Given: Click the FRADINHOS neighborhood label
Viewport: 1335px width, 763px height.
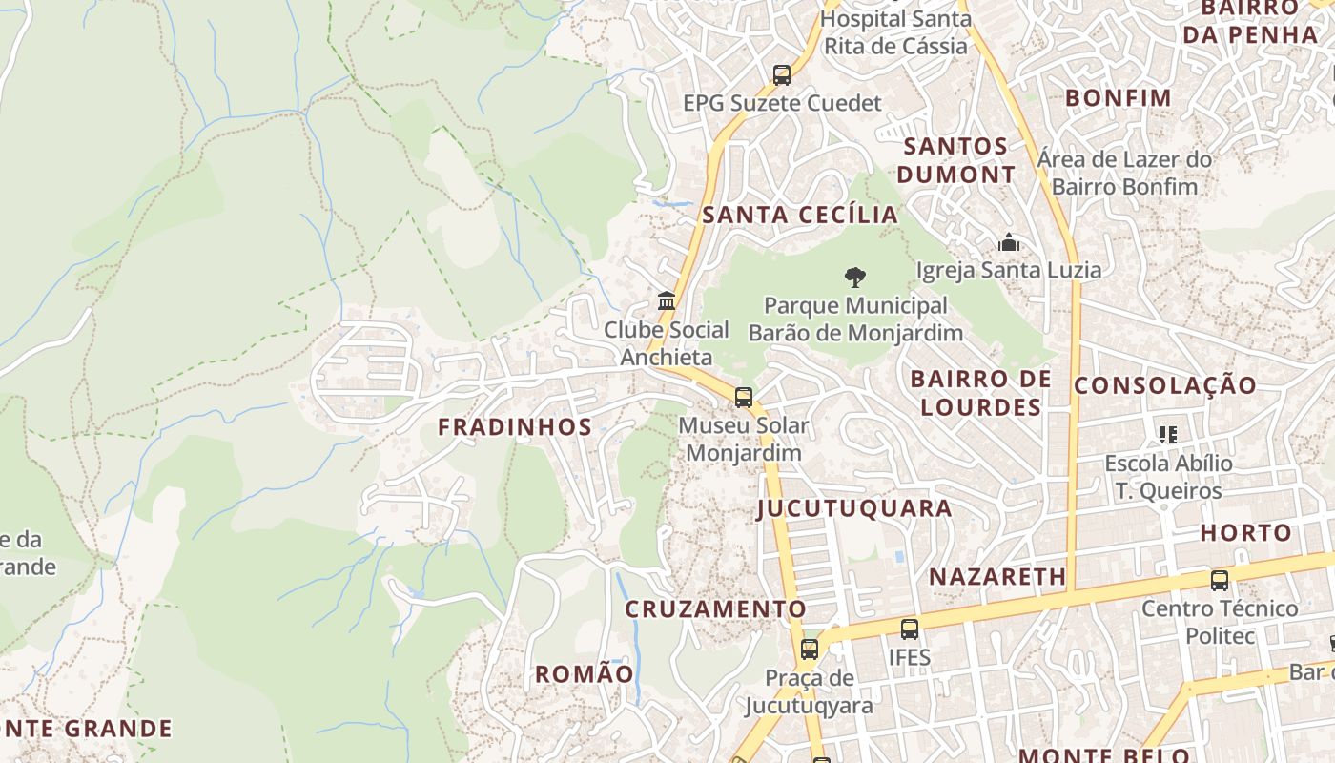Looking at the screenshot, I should pyautogui.click(x=515, y=426).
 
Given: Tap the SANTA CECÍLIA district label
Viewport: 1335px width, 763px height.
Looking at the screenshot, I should pyautogui.click(x=800, y=215).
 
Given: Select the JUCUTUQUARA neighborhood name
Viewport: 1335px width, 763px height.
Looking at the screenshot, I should pyautogui.click(x=854, y=508).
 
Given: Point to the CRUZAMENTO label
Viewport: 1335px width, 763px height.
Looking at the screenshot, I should pyautogui.click(x=715, y=608).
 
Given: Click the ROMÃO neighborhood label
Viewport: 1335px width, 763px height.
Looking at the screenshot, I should pyautogui.click(x=584, y=674).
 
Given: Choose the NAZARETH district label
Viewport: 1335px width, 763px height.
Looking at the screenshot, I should pyautogui.click(x=997, y=576).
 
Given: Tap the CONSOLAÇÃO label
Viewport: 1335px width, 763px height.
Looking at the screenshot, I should pyautogui.click(x=1165, y=385).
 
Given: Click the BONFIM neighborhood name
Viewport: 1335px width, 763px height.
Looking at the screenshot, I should pyautogui.click(x=1118, y=97).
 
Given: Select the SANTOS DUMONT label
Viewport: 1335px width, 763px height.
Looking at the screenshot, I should pyautogui.click(x=956, y=160).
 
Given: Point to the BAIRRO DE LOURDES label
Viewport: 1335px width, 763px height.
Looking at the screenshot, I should pyautogui.click(x=981, y=393).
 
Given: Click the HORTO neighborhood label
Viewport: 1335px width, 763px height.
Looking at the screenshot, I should pyautogui.click(x=1245, y=533).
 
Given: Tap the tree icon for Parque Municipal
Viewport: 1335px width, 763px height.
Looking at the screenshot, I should pyautogui.click(x=855, y=278).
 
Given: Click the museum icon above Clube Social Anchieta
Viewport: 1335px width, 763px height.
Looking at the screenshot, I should pyautogui.click(x=667, y=301).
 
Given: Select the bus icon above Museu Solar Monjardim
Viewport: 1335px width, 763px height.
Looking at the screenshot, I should pyautogui.click(x=744, y=397).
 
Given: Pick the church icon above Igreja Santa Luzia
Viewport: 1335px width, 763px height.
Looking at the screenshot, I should pyautogui.click(x=1008, y=242).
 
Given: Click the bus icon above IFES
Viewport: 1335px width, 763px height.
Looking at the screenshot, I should pyautogui.click(x=910, y=629).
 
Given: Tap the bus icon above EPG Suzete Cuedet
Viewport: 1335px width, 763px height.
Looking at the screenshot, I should pyautogui.click(x=782, y=74).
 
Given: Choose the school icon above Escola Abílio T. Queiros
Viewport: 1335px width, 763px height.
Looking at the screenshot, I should pyautogui.click(x=1168, y=435).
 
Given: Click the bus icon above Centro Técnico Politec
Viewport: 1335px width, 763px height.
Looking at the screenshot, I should pyautogui.click(x=1220, y=580).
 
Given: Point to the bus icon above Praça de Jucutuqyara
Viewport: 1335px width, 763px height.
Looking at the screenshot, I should pyautogui.click(x=810, y=650).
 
